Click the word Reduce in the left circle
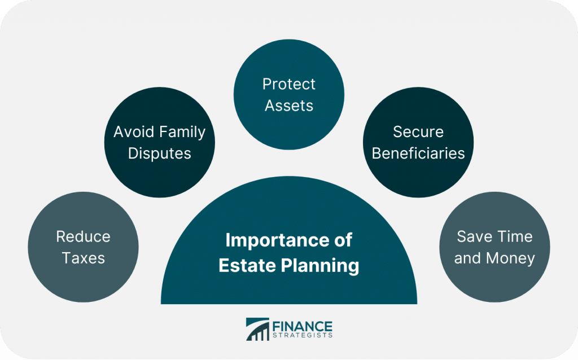(83, 236)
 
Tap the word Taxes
(84, 258)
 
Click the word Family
(183, 132)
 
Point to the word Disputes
(159, 153)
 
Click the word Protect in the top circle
(289, 84)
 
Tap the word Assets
(289, 106)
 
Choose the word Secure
(418, 132)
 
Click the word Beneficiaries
(418, 153)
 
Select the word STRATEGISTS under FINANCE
(304, 335)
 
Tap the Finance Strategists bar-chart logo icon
(257, 330)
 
